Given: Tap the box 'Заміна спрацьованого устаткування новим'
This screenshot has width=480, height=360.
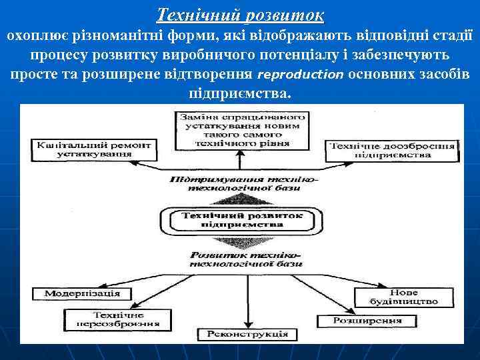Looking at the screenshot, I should click(x=244, y=130).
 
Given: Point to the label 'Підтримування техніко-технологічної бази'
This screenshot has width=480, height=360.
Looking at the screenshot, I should click(x=245, y=184).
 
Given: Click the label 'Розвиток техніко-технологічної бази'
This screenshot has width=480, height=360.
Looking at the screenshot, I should click(x=245, y=259).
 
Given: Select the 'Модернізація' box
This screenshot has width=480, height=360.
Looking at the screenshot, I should click(x=83, y=293).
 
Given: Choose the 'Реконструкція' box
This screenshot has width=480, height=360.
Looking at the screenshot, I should click(x=247, y=333).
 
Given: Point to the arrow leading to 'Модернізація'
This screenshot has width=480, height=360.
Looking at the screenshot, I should click(x=160, y=283).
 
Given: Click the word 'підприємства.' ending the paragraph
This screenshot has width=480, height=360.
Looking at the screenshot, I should click(x=240, y=93).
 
